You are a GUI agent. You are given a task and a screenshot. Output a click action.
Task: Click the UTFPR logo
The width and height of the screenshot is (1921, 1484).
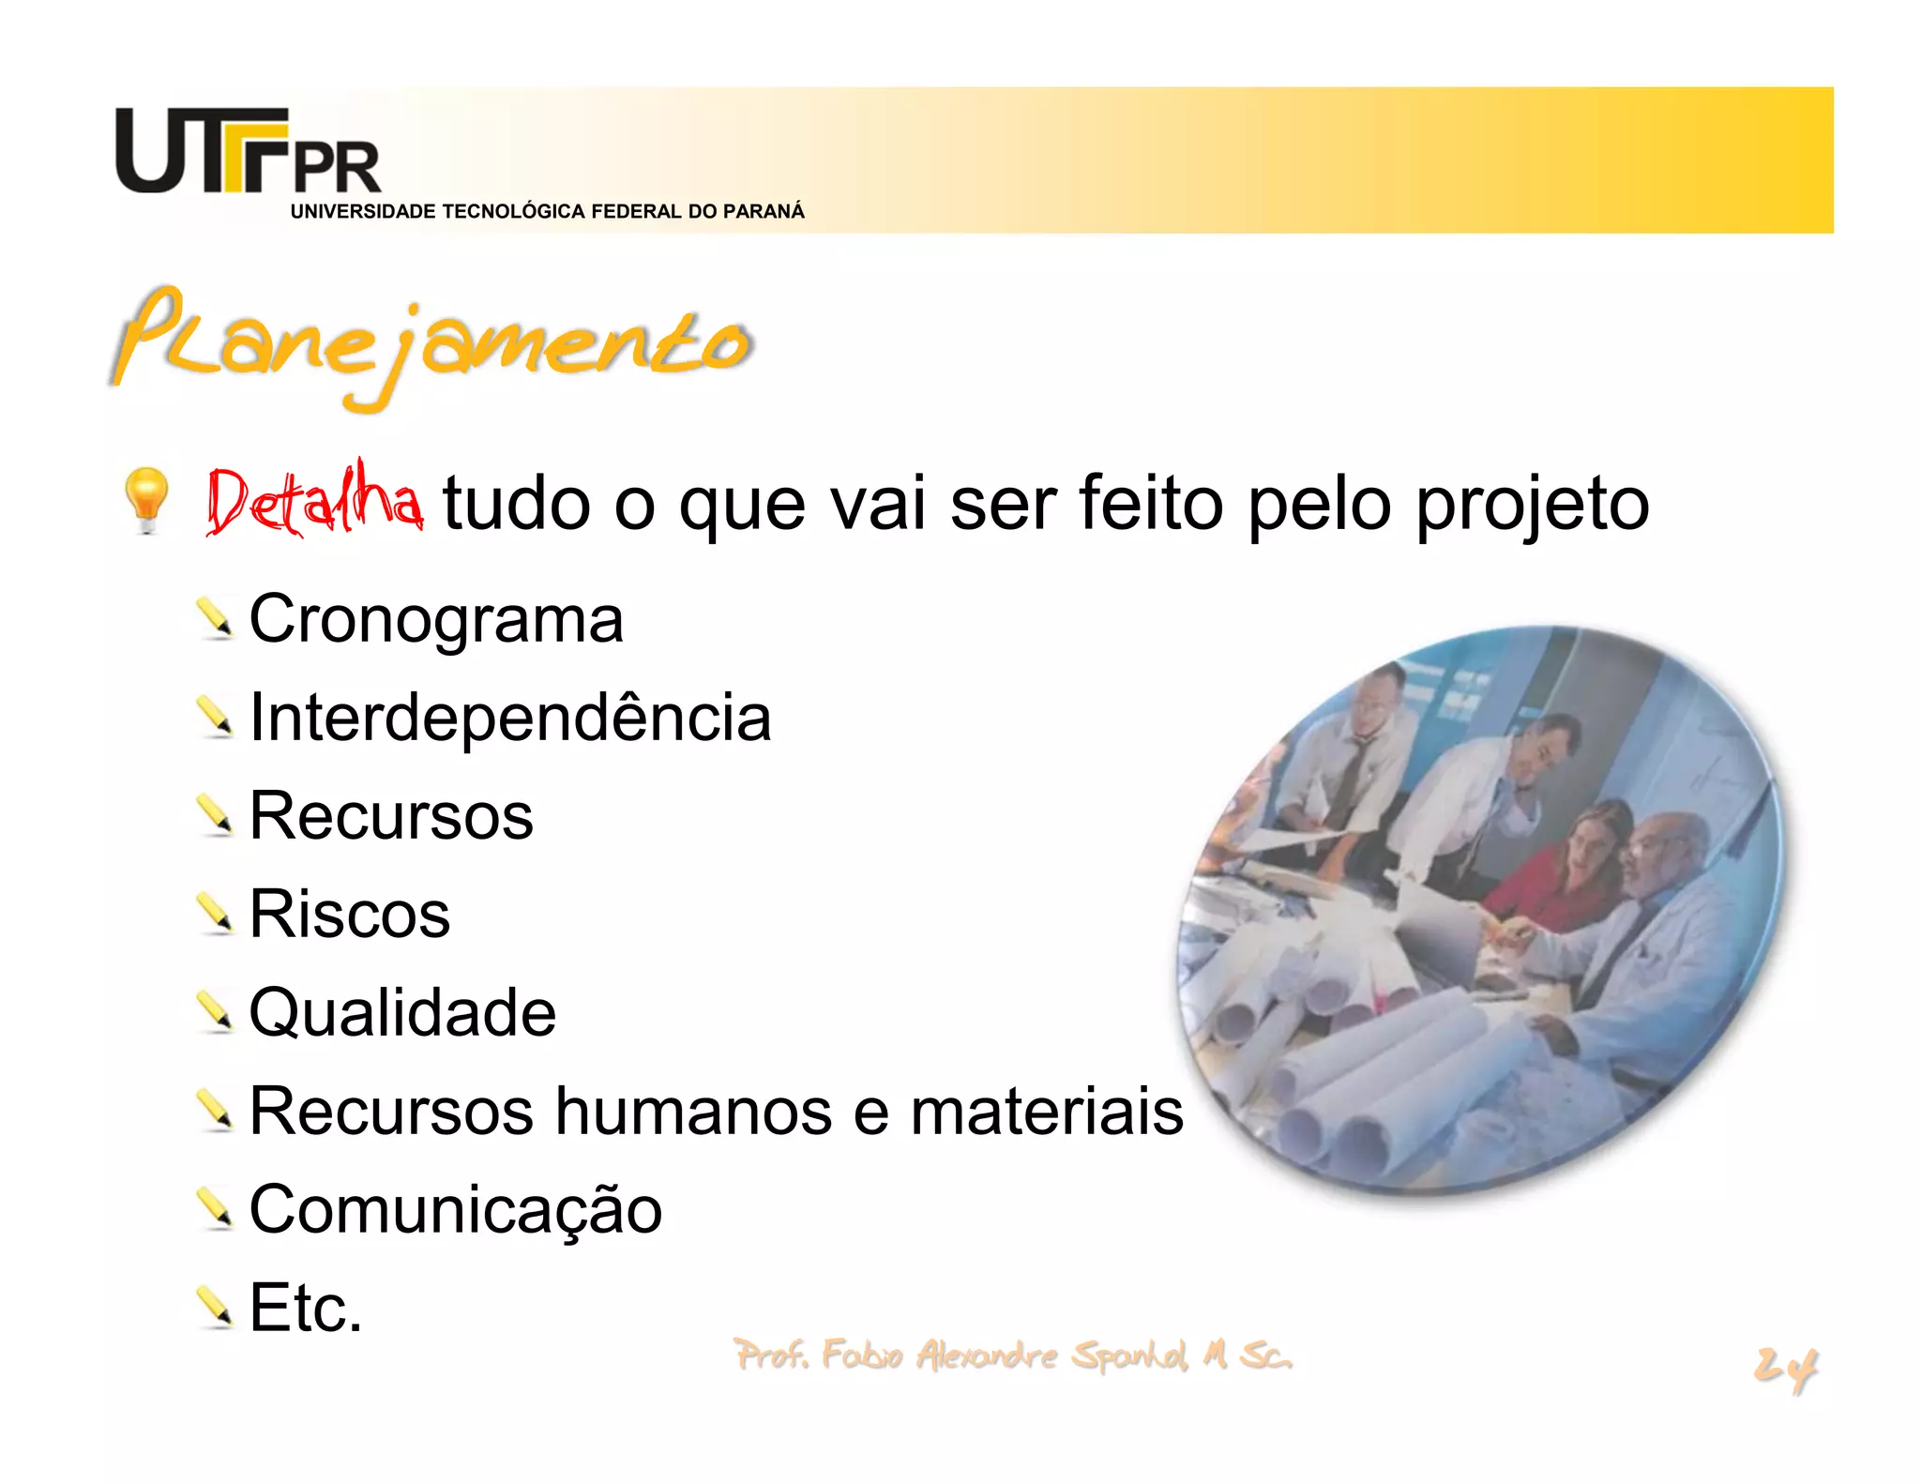[248, 152]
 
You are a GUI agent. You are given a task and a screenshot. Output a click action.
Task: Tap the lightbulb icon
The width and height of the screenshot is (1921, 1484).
[146, 499]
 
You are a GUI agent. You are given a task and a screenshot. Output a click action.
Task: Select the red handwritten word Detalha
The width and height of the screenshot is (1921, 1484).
[314, 500]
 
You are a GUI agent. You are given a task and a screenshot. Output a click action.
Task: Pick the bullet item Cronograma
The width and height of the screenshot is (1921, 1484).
[436, 619]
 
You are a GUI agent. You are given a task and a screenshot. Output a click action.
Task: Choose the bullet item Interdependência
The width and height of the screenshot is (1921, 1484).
[510, 718]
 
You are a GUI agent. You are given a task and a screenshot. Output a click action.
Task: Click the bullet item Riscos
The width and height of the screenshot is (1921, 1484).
[349, 915]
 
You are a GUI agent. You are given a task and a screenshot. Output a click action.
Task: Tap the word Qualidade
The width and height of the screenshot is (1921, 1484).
[402, 1013]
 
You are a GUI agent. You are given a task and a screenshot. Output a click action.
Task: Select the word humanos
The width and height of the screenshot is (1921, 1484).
[694, 1112]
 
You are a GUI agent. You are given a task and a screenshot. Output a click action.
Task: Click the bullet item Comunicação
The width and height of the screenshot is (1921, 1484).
[456, 1210]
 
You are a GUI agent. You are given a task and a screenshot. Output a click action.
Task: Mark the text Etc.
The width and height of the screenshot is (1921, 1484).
[306, 1309]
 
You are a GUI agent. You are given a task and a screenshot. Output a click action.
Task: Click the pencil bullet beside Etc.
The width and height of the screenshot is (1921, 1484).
[215, 1307]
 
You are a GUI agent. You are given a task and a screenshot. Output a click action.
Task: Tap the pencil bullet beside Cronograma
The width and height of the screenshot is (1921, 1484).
[215, 618]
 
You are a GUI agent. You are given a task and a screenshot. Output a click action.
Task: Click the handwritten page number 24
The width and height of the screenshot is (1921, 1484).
[1785, 1368]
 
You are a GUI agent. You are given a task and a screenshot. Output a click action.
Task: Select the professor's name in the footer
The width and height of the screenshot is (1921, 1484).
[1013, 1355]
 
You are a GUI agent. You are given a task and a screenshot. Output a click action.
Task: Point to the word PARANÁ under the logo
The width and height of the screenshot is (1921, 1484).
[764, 212]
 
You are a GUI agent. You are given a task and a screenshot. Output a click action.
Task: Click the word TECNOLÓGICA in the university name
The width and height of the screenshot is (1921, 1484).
[514, 212]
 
